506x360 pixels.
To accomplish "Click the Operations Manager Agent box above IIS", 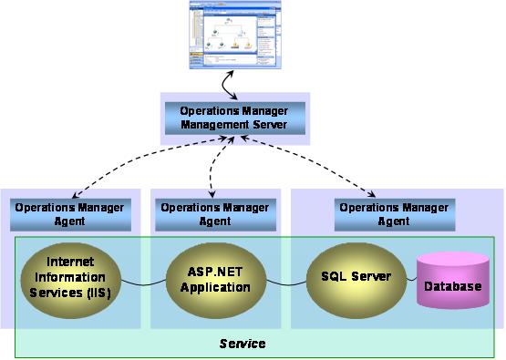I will tap(70, 214).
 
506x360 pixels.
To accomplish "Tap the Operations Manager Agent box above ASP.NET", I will tap(215, 214).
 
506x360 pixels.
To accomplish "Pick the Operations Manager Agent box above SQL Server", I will tap(394, 214).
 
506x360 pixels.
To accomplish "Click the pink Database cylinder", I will tap(451, 285).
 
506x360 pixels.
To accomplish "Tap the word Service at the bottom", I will tap(243, 344).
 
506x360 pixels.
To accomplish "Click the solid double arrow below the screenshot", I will tap(231, 85).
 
